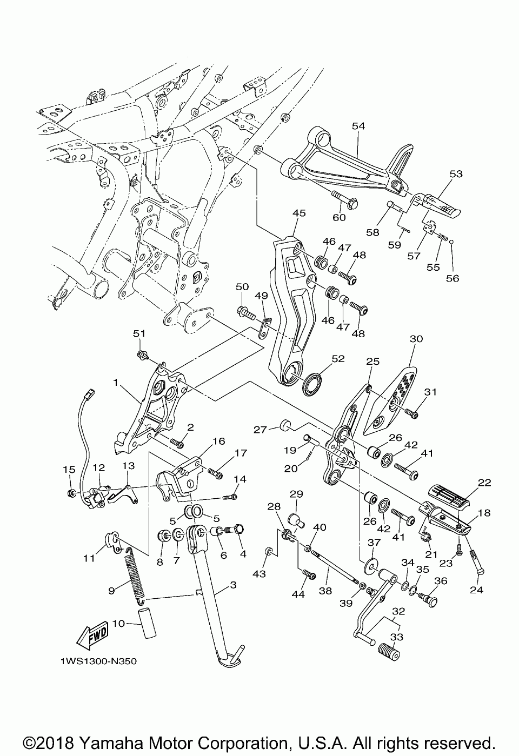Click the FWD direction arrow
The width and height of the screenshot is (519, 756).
[x=92, y=636]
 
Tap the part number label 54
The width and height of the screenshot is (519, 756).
[x=358, y=126]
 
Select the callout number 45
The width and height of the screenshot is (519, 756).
[x=299, y=213]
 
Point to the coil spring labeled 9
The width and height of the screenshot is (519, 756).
[x=135, y=577]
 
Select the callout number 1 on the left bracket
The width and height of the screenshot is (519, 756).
[x=116, y=383]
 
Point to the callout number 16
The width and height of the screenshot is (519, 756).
[x=219, y=441]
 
